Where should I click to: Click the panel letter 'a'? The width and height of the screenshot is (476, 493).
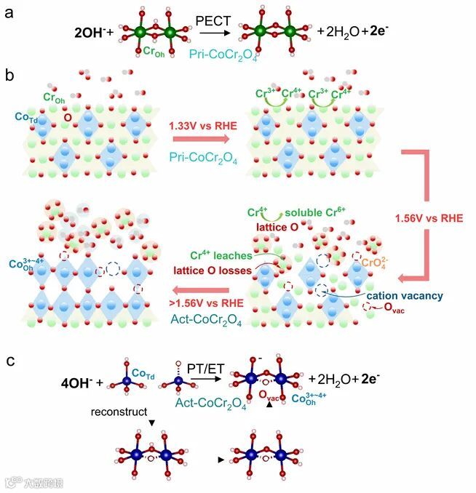(x=9, y=12)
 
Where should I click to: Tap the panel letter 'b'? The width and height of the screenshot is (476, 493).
(x=9, y=75)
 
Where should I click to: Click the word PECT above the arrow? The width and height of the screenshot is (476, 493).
(x=215, y=23)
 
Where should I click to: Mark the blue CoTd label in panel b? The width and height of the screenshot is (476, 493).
(x=25, y=116)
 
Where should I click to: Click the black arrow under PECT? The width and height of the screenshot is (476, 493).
(x=216, y=33)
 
